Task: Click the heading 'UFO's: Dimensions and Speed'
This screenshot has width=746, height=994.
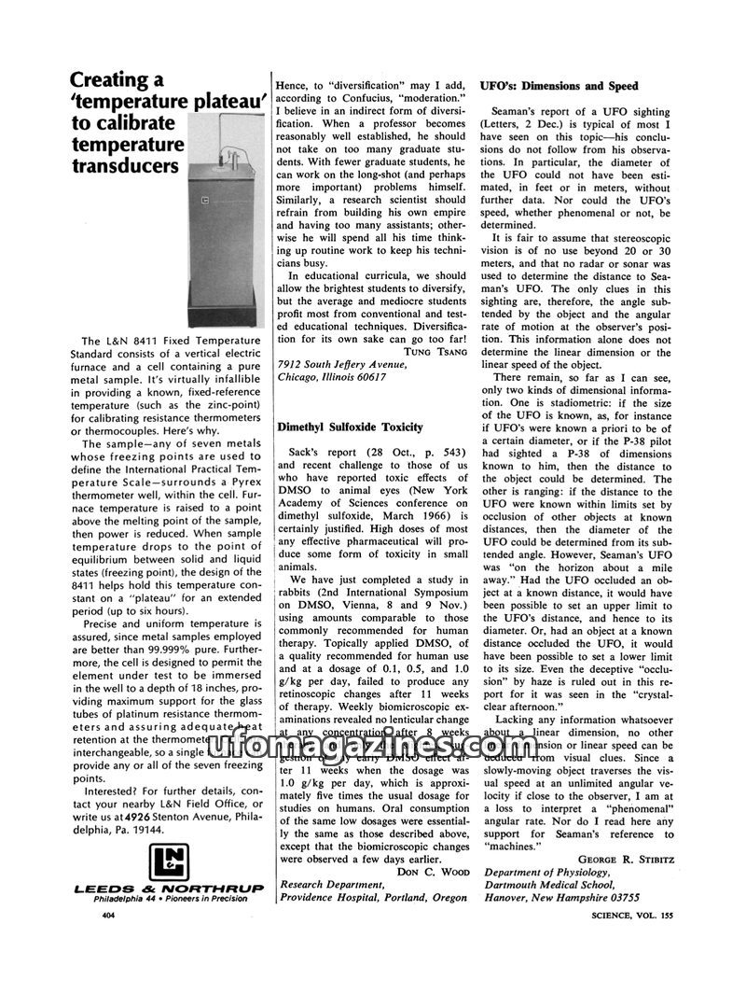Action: pyautogui.click(x=559, y=86)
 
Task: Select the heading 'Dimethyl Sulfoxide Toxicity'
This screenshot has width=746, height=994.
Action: pyautogui.click(x=350, y=427)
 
